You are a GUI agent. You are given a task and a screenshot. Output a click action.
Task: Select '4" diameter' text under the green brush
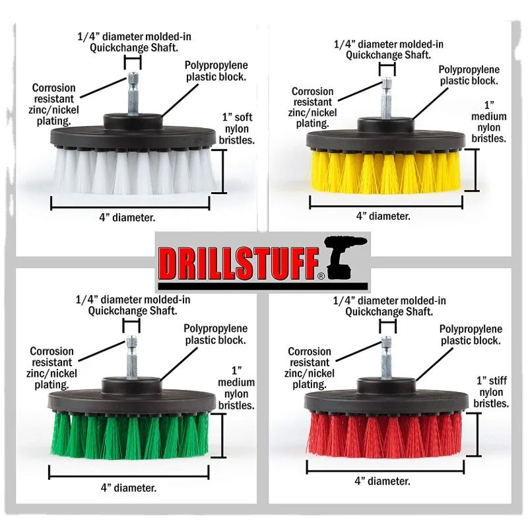point(129,488)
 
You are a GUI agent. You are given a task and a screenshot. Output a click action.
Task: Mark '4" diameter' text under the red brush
point(383,481)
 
